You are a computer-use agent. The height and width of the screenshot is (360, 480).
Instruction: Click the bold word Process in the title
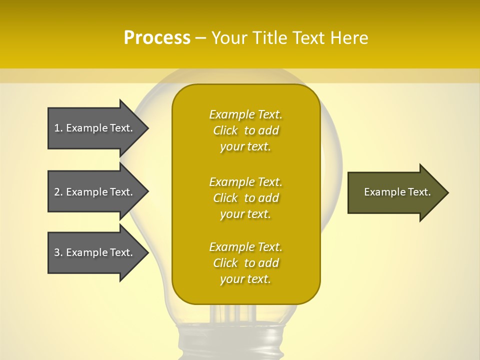tap(157, 37)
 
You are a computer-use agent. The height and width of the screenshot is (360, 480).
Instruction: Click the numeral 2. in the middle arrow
tap(58, 192)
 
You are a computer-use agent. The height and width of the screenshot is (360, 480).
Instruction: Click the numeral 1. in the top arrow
tap(58, 128)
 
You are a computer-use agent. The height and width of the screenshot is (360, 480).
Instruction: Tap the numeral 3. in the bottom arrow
tap(58, 252)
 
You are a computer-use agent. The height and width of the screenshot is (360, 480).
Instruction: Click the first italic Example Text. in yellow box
tap(245, 114)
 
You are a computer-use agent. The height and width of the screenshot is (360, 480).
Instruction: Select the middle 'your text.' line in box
tap(245, 214)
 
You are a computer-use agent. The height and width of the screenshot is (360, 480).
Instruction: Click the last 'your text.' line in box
tap(245, 279)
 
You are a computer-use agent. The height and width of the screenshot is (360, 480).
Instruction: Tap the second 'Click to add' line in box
tap(245, 198)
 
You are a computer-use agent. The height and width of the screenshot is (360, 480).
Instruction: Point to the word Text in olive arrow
tap(419, 192)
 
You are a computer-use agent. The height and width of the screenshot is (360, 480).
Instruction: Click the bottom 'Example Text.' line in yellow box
tap(245, 247)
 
